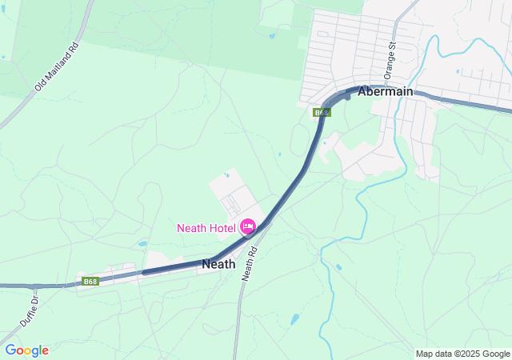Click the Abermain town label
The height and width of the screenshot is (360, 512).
click(386, 91)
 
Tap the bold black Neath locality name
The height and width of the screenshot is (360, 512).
click(218, 263)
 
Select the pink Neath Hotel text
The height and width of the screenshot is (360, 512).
click(206, 228)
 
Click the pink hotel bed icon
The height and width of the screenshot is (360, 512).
click(247, 227)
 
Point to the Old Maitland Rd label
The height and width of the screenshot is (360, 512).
click(56, 66)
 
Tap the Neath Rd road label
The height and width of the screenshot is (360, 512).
click(250, 262)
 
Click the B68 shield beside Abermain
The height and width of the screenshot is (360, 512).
click(321, 113)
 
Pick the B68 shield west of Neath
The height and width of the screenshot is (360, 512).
click(90, 281)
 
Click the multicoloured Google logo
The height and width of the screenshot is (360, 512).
click(26, 350)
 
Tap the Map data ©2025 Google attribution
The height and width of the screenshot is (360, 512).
click(462, 354)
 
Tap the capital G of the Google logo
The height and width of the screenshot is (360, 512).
click(10, 350)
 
